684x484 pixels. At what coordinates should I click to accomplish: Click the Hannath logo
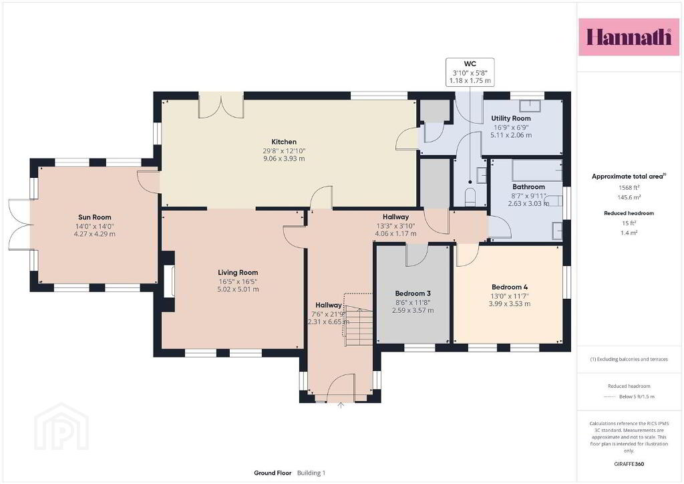(629, 37)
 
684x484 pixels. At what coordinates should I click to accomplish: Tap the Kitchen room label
(284, 142)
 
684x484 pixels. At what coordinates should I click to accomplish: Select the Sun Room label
(95, 217)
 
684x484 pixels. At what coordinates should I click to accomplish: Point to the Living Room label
(238, 272)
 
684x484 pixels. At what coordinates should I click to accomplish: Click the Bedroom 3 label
(413, 293)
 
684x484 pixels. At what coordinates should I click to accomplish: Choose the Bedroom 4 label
(510, 287)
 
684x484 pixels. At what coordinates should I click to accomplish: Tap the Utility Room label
(511, 118)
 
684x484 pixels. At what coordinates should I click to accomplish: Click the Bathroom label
(528, 187)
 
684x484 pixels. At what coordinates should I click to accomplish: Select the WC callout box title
(470, 64)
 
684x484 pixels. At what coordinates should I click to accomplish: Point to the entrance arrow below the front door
(341, 405)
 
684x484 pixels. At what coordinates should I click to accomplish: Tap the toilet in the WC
(470, 197)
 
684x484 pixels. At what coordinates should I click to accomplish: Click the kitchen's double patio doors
(221, 105)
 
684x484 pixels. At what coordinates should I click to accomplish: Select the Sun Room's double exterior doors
(19, 225)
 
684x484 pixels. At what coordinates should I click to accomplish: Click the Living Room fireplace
(169, 281)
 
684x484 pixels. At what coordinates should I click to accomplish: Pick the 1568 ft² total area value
(629, 188)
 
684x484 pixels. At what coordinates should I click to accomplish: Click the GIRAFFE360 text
(629, 464)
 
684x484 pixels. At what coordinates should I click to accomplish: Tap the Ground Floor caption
(273, 473)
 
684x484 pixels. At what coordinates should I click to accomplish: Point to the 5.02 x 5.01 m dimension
(238, 289)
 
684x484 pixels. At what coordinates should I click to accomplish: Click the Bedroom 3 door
(417, 255)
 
